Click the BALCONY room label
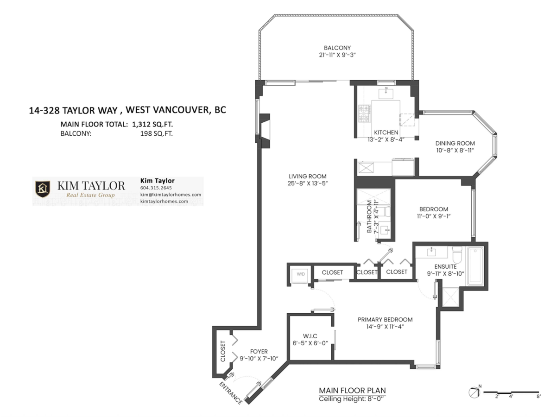coord(337,48)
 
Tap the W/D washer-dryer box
coord(301,274)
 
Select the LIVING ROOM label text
coord(308,176)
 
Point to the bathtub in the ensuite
coord(475,266)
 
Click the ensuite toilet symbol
coord(457,254)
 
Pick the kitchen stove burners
coord(365,113)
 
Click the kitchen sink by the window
coord(386,93)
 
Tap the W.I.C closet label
coord(310,336)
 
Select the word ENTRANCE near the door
coord(230,393)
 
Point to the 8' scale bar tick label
coord(538,397)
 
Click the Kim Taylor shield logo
coord(42,189)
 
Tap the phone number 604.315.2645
coord(156,188)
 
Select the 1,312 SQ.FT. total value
coord(152,124)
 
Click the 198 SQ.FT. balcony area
coord(156,133)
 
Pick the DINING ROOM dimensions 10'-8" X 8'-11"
coord(455,150)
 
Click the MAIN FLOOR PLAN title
coord(352,391)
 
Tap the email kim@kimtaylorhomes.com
coord(171,195)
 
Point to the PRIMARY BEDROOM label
coord(385,320)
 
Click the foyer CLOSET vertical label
coord(223,351)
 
